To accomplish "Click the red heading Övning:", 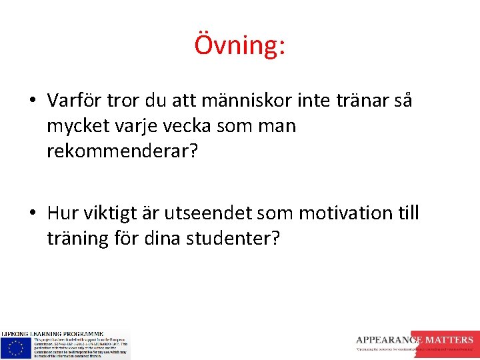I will tap(240, 45).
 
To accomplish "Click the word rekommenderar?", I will tap(122, 151).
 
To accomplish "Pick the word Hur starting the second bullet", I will tap(61, 213).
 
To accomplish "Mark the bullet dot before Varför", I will tap(32, 101).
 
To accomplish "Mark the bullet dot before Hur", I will tap(32, 214).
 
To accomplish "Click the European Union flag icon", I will tap(15, 347).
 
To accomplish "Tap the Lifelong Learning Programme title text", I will tap(52, 333).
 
